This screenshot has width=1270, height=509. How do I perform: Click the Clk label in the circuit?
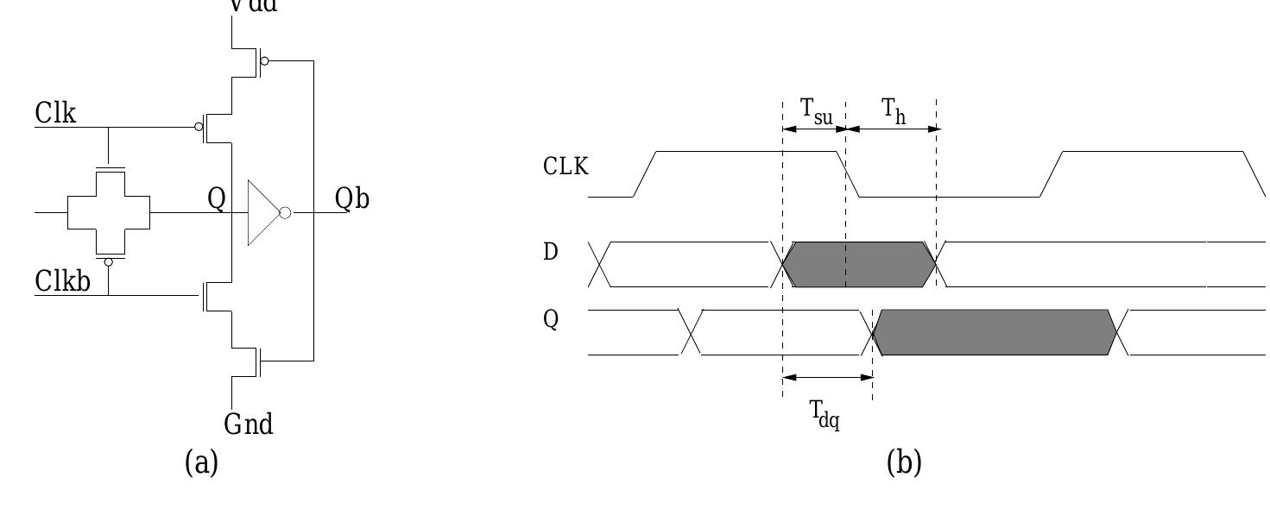click(x=55, y=113)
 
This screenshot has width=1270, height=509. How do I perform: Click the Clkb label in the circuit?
click(x=63, y=281)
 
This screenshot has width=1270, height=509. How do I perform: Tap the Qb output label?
click(x=352, y=199)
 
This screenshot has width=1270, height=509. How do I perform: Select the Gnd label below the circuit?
click(x=249, y=424)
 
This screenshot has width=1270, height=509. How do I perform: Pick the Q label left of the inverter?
click(x=216, y=199)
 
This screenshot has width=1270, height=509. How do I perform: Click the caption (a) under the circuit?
click(x=202, y=463)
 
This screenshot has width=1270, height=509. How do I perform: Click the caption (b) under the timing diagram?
click(x=904, y=463)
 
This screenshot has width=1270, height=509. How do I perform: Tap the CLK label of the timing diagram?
click(x=566, y=167)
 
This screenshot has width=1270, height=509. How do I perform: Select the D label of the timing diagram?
click(x=551, y=253)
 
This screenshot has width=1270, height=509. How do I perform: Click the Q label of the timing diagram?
click(x=551, y=320)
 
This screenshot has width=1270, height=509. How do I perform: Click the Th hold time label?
click(x=893, y=110)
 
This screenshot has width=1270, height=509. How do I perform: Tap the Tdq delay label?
click(x=825, y=414)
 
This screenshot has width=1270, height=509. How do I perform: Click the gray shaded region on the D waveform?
click(x=859, y=265)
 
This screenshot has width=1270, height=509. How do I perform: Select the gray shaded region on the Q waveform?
click(x=993, y=332)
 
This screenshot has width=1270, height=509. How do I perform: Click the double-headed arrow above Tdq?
click(x=827, y=377)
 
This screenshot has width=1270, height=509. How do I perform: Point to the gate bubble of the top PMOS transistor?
click(x=264, y=61)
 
